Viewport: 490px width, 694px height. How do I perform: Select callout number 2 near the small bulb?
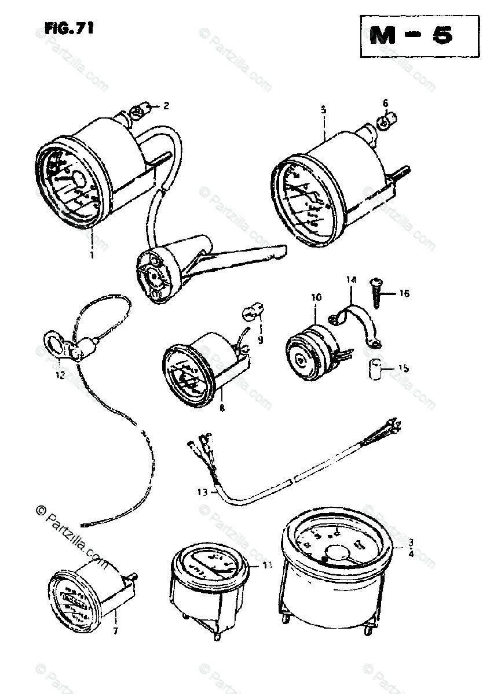[166, 106]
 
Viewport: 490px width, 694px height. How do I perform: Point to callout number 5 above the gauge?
[323, 109]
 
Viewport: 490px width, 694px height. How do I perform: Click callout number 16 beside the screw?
[403, 294]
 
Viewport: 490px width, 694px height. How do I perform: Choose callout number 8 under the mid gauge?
[222, 407]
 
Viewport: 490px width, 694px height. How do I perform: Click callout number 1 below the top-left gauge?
[91, 253]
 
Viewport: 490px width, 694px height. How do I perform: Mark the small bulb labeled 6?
[383, 123]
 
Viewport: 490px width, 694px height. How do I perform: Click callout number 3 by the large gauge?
[410, 542]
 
